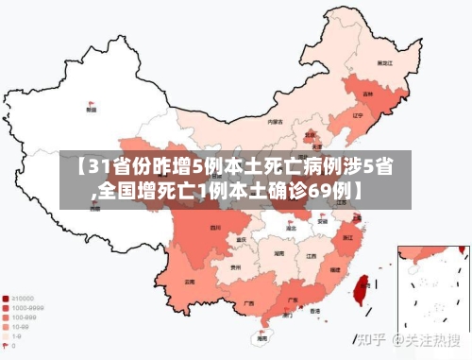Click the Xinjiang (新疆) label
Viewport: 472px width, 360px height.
(91, 110)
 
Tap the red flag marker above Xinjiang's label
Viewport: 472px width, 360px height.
(92, 102)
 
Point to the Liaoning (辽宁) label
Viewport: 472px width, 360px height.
(357, 115)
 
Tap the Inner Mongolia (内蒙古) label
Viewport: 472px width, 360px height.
(275, 122)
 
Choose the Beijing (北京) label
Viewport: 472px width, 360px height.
(310, 135)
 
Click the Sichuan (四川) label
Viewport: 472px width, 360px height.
(215, 228)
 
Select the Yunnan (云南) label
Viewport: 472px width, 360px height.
(190, 282)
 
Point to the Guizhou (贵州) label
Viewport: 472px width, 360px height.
(235, 268)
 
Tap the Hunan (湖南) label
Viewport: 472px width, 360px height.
(279, 253)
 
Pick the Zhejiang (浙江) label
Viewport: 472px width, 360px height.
(348, 237)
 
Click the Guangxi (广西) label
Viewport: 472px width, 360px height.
(248, 303)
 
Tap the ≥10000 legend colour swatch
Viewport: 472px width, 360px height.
(6, 297)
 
